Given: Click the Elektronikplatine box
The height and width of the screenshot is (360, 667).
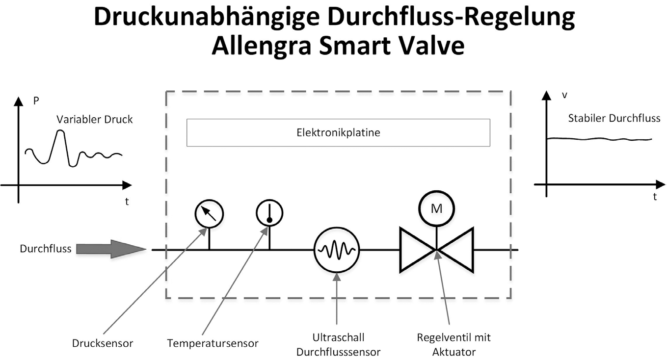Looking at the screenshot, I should (338, 132).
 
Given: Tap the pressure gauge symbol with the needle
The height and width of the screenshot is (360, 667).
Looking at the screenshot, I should (209, 214).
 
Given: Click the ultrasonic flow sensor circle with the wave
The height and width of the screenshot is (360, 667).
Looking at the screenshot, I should (337, 250).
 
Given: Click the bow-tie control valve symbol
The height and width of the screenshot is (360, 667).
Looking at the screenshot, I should (436, 250).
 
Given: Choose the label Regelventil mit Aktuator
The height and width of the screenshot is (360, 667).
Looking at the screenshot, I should (454, 345).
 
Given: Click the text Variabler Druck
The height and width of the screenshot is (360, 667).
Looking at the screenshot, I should (94, 120).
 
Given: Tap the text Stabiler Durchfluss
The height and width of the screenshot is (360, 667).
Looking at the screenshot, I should (614, 118).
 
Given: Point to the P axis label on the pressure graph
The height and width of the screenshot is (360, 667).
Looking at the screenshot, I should (36, 102).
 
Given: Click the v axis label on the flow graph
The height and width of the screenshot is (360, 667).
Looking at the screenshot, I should (564, 95).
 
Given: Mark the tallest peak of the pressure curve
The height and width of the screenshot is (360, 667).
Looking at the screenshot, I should (60, 131).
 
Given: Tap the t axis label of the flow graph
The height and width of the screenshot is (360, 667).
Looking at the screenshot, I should (655, 197).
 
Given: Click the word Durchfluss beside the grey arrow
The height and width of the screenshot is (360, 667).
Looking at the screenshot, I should (46, 249).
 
